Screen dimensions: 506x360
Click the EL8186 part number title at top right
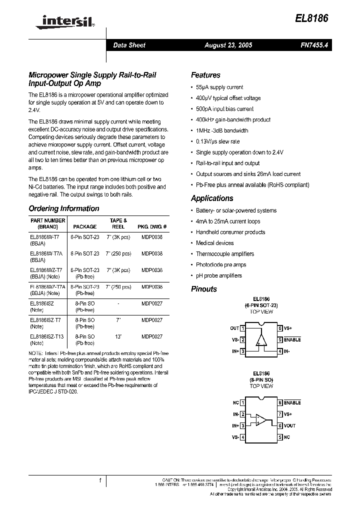312,17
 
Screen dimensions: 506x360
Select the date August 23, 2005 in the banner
228,45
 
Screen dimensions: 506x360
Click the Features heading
205,75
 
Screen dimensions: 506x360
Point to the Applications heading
212,198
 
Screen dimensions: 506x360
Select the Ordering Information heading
63,208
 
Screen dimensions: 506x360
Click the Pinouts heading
203,289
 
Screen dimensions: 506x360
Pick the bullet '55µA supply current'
219,87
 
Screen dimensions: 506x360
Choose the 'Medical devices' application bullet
214,243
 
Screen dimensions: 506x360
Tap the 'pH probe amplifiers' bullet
218,275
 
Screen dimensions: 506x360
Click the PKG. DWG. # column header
151,226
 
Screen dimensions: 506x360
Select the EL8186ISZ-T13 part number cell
47,336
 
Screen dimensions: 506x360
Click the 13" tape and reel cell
118,336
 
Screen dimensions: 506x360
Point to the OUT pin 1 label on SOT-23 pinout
234,328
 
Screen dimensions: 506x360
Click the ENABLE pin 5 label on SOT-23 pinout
292,339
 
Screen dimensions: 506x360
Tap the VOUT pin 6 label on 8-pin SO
290,425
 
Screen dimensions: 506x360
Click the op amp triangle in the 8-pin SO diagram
260,419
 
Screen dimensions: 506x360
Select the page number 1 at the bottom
100,480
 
